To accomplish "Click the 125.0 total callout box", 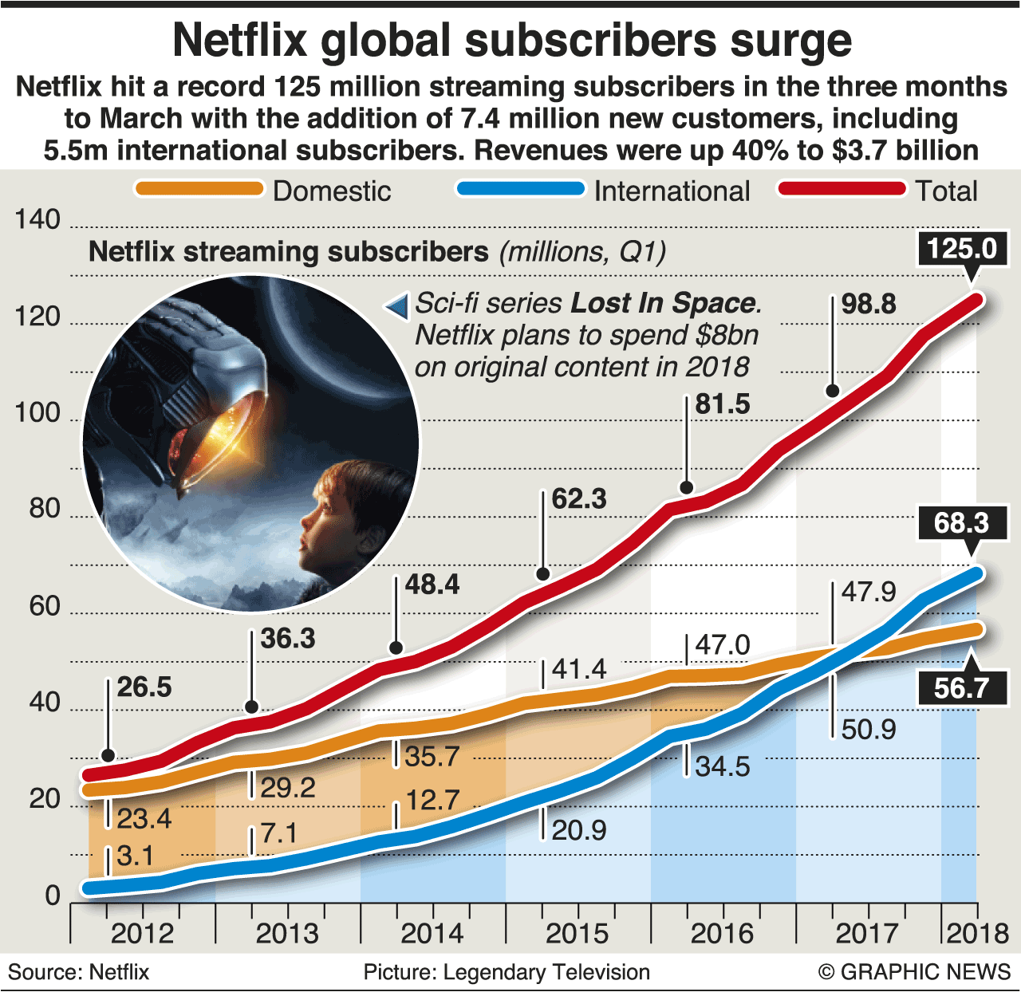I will (962, 249).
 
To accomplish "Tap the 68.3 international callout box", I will (962, 523).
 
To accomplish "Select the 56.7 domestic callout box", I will (962, 687).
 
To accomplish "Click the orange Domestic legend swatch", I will (199, 189).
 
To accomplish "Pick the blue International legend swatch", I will (520, 189).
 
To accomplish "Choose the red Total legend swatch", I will (842, 189).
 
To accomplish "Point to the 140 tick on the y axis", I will (37, 220).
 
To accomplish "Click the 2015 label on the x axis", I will (577, 934).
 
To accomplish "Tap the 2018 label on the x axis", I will (977, 934).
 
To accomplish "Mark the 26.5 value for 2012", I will (144, 687).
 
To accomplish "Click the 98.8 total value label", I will (869, 304).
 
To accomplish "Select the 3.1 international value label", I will (135, 856).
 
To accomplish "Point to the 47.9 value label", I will (869, 592).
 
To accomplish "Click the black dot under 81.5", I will (687, 487).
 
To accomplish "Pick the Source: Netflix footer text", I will (78, 972).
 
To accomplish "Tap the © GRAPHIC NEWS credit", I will (914, 972).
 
